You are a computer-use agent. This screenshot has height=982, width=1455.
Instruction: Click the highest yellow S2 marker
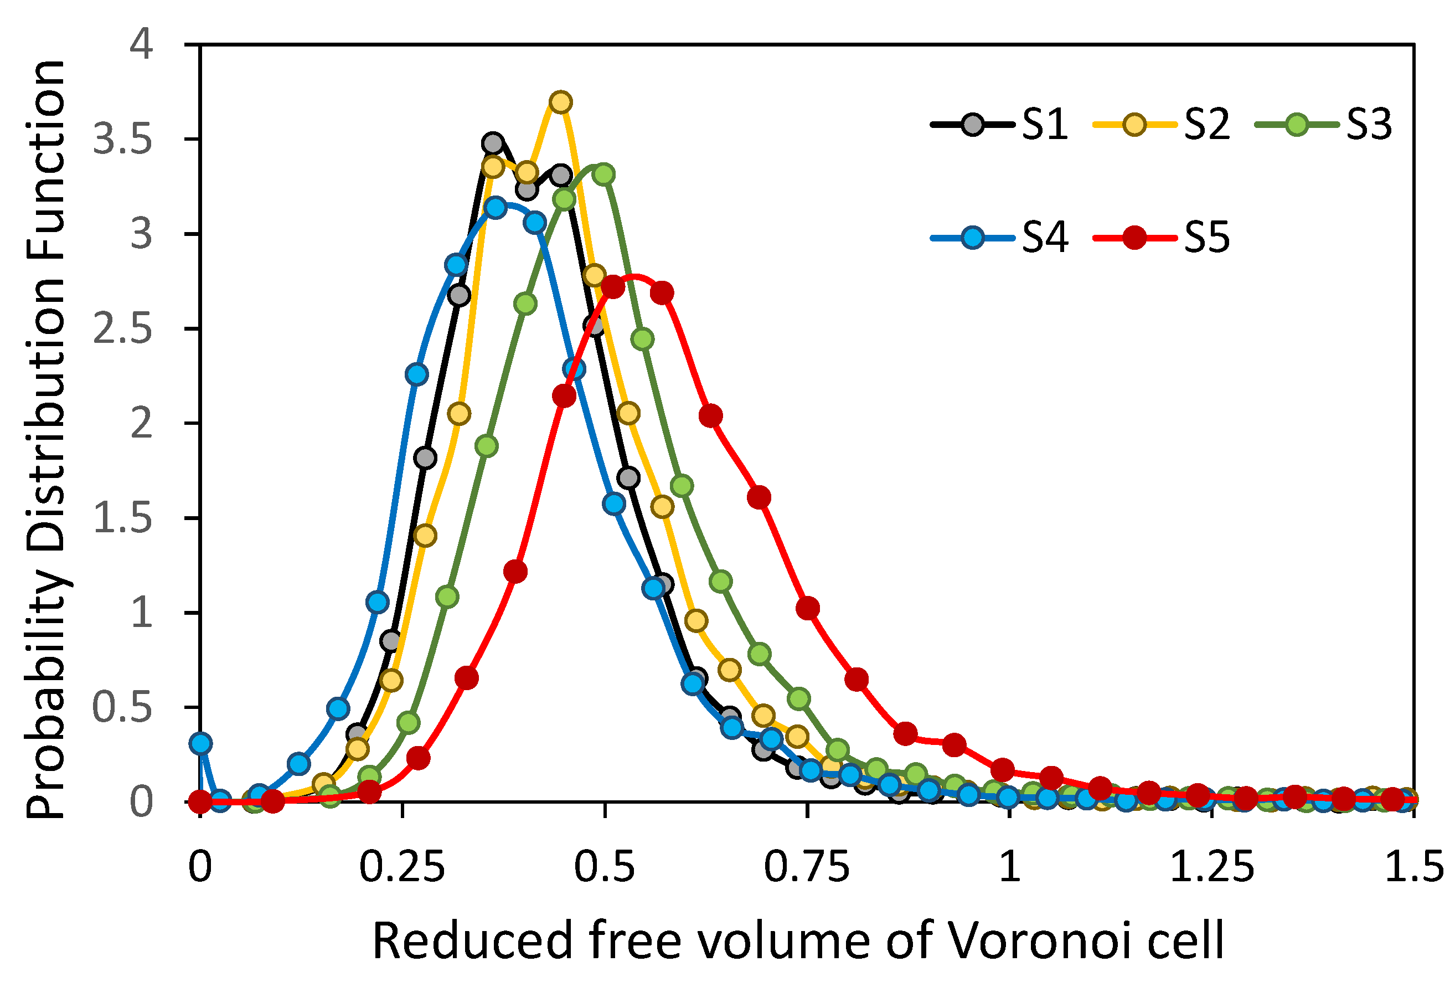[561, 102]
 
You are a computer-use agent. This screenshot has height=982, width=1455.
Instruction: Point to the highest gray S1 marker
[493, 143]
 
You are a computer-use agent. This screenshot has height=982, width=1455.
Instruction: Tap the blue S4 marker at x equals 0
[200, 743]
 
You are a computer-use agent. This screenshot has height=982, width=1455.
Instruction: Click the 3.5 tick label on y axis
[123, 140]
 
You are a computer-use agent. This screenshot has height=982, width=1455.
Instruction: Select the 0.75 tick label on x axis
[807, 868]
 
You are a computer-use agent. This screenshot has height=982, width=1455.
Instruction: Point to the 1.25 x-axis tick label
[1212, 868]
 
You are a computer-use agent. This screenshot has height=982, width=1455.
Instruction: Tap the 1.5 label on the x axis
[1413, 868]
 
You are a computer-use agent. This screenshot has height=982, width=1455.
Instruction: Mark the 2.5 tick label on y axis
[123, 329]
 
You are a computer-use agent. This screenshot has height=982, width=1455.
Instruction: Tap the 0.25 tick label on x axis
[403, 868]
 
